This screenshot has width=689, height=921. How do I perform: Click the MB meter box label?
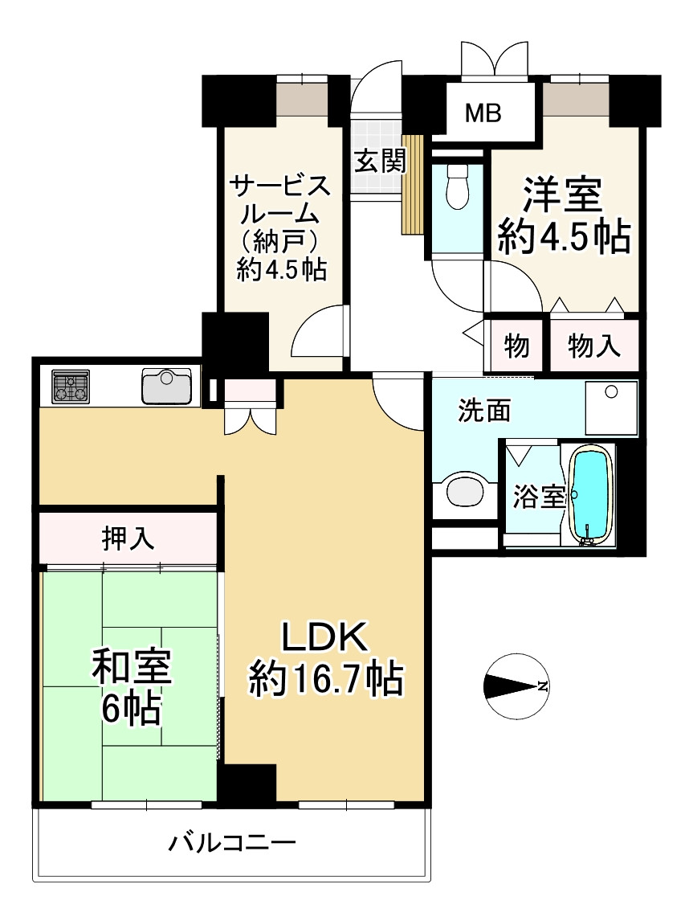[x=484, y=113]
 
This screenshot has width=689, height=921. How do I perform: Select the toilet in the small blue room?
[x=457, y=187]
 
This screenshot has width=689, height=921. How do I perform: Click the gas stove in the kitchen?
[x=71, y=387]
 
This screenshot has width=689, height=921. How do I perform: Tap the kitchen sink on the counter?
[x=166, y=387]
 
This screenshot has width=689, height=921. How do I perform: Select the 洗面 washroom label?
[x=484, y=411]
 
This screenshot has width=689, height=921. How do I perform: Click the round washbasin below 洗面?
[x=466, y=491]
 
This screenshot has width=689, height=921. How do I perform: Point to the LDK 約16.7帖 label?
[x=325, y=659]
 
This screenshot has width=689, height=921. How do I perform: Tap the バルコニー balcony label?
[x=232, y=844]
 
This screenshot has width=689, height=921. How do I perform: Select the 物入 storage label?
[x=594, y=346]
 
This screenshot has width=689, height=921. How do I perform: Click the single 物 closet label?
[x=516, y=346]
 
